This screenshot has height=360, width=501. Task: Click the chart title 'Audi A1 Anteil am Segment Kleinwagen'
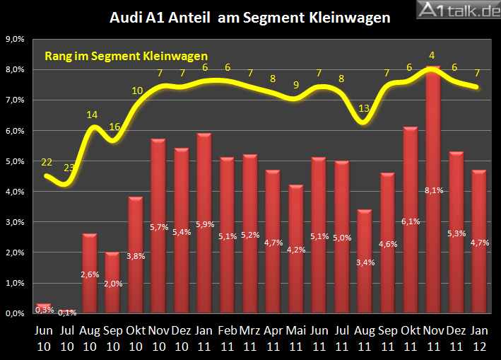tap(250, 18)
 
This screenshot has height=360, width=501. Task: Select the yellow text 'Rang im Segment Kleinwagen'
tap(126, 56)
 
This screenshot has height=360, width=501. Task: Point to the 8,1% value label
tap(433, 190)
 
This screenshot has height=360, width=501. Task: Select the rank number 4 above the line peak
tap(432, 55)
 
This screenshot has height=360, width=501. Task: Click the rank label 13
tap(365, 108)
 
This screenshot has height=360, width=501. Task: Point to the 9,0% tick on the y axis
tap(16, 40)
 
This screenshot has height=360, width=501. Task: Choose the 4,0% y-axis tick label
tap(16, 192)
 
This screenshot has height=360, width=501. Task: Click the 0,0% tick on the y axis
tap(16, 313)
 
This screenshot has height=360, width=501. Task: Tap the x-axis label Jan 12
tap(479, 337)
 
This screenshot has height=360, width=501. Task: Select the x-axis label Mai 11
tap(296, 337)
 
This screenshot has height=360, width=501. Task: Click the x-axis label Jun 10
tap(44, 337)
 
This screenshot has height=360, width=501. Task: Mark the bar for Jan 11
tap(204, 223)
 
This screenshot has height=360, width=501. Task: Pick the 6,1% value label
tap(411, 221)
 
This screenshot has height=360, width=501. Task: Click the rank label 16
tap(114, 127)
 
